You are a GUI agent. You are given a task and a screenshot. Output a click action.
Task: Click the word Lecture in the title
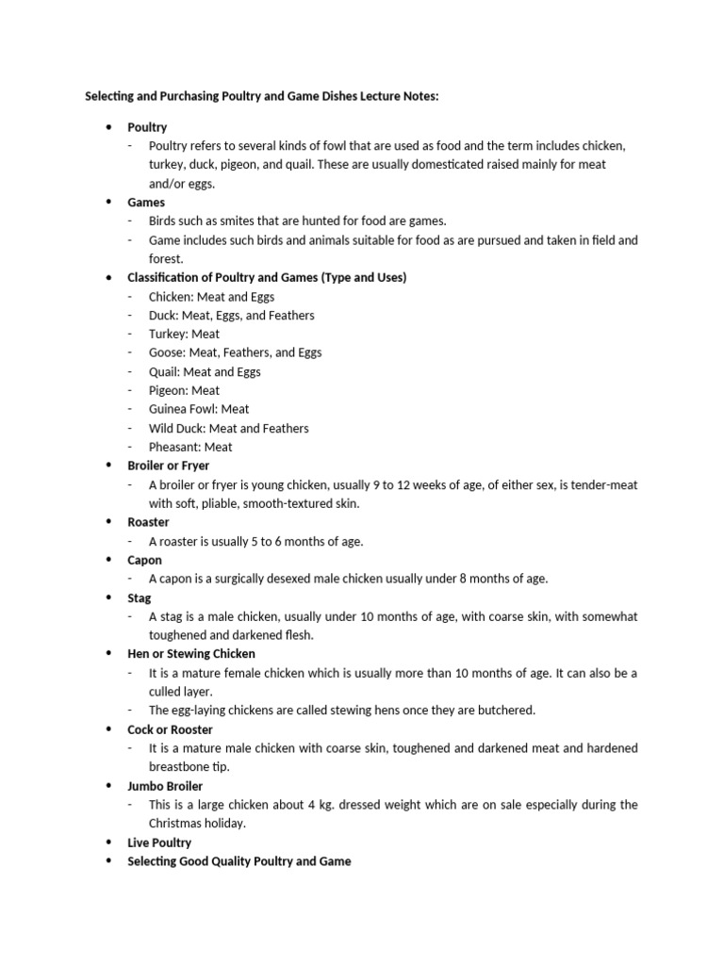(x=373, y=96)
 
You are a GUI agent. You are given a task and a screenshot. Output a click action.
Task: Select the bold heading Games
(x=146, y=203)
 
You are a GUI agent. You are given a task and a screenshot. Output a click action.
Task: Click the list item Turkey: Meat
(x=184, y=334)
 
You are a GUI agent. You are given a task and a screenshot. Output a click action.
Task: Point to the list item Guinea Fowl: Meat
(x=199, y=409)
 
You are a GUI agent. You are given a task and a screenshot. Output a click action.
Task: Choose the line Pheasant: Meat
(x=190, y=447)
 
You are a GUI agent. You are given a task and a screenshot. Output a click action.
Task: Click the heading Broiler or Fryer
(x=169, y=466)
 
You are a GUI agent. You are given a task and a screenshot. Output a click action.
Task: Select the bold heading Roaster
(x=149, y=522)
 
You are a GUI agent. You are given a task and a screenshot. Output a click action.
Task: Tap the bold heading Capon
(x=145, y=560)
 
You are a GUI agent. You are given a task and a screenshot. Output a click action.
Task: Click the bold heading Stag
(x=140, y=597)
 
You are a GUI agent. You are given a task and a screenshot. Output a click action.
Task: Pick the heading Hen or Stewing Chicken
(x=191, y=654)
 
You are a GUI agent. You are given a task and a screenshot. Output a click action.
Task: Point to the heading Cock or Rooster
(x=171, y=729)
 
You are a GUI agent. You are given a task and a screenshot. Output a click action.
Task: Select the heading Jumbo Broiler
(x=165, y=786)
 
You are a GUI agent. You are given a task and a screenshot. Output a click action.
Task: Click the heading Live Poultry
(x=159, y=842)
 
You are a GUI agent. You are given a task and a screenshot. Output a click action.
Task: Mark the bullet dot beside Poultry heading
(x=109, y=127)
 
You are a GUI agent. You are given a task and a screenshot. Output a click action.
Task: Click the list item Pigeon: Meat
(x=184, y=390)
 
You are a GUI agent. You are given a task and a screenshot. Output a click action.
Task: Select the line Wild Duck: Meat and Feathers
(x=228, y=428)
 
